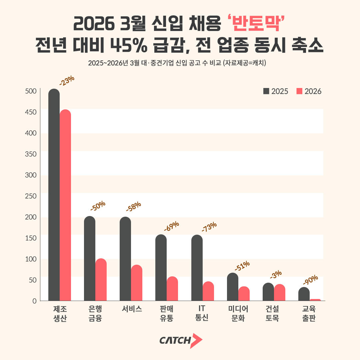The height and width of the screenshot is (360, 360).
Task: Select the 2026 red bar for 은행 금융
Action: tap(101, 280)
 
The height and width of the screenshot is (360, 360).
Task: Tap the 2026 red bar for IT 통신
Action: tap(208, 291)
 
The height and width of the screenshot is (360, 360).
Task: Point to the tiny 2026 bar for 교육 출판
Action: tap(315, 300)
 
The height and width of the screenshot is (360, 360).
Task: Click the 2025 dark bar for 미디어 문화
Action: tap(233, 287)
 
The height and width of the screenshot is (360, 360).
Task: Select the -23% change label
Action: tap(67, 81)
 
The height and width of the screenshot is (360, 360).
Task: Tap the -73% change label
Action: tap(209, 227)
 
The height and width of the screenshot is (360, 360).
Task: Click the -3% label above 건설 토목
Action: tap(276, 274)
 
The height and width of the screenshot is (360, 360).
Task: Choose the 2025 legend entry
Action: tap(275, 91)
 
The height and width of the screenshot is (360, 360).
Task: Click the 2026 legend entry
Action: tap(309, 91)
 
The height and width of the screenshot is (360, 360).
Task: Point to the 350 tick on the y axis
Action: tap(31, 154)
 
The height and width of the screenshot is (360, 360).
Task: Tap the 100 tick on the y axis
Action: tap(31, 259)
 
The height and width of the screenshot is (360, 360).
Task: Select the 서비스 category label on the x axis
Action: tap(132, 309)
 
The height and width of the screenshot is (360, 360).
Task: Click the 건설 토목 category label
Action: tap(272, 313)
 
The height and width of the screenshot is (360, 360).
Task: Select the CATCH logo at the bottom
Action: tap(180, 340)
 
